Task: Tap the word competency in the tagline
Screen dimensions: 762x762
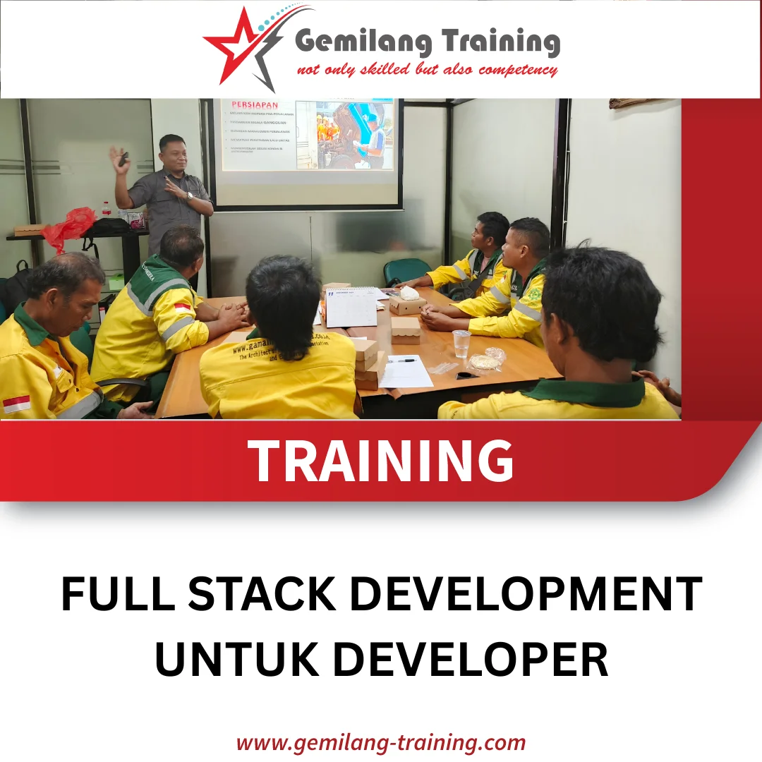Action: point(518,70)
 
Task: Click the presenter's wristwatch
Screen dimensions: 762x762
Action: point(188,197)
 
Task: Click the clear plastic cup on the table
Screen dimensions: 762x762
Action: point(461,344)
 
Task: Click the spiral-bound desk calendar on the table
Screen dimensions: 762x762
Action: point(351,306)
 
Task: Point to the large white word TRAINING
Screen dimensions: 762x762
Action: point(381,460)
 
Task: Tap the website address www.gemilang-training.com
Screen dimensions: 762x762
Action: point(381,743)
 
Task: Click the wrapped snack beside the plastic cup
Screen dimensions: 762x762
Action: point(486,361)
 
